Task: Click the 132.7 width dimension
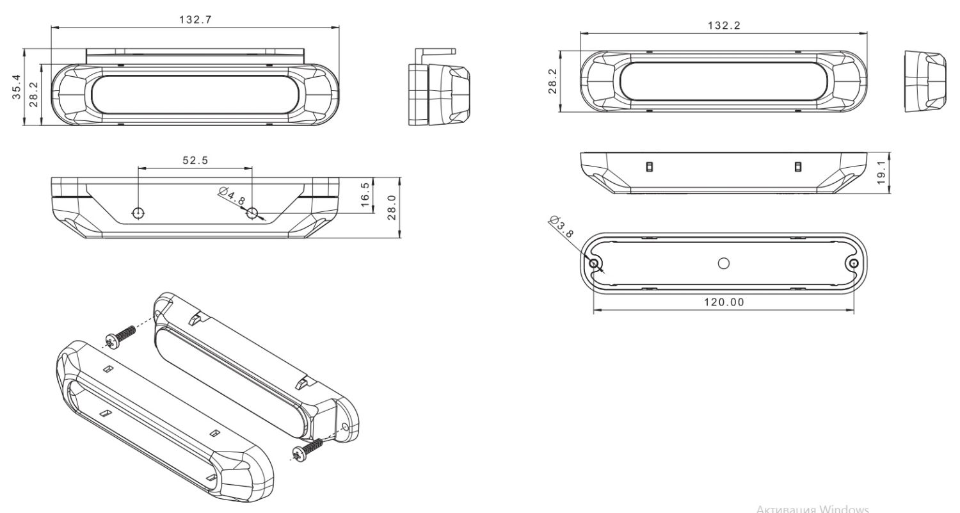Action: pyautogui.click(x=195, y=19)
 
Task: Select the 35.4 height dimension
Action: pyautogui.click(x=17, y=87)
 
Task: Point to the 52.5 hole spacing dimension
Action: pyautogui.click(x=195, y=161)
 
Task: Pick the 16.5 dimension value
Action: pyautogui.click(x=365, y=194)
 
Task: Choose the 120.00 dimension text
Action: pyautogui.click(x=724, y=302)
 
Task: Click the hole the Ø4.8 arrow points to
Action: pyautogui.click(x=252, y=213)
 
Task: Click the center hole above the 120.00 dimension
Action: pyautogui.click(x=724, y=263)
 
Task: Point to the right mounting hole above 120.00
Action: pyautogui.click(x=853, y=264)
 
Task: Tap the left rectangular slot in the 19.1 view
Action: pyautogui.click(x=648, y=167)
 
